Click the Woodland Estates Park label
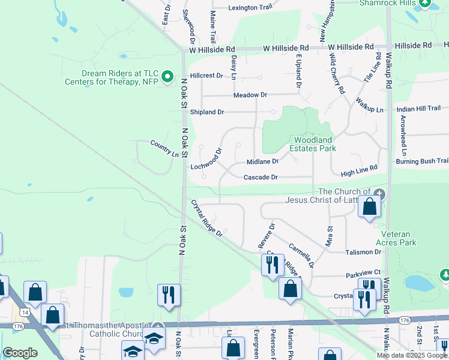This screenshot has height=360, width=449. pos(312,144)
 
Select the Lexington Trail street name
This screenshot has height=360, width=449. pos(250,8)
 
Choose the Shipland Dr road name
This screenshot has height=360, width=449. pos(207,112)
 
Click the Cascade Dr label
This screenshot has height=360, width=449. pos(261,177)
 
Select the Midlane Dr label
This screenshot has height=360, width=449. pos(263,162)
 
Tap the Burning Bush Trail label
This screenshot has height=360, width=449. pos(422,161)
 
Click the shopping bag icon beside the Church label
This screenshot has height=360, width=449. pos(370,207)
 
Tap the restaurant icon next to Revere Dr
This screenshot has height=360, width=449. pos(272,264)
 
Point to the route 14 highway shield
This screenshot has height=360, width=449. pos(25,312)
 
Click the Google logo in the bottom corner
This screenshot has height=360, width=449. pos(20,353)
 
